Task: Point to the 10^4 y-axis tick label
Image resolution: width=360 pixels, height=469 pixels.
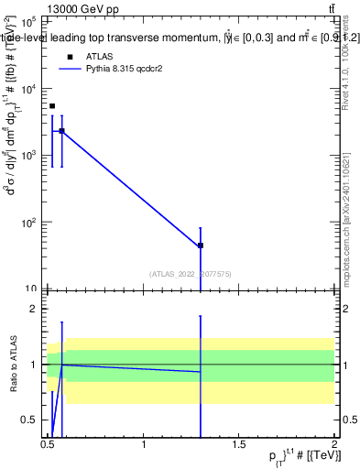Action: tap(29, 89)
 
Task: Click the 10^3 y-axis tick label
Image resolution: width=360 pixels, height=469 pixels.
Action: tap(29, 156)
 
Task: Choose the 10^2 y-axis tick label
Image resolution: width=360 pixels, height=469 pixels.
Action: tap(29, 223)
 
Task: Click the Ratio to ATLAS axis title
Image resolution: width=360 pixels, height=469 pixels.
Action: tap(12, 365)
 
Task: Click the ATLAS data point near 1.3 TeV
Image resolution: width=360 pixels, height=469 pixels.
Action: tap(201, 245)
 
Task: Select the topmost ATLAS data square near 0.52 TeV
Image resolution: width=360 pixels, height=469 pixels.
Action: tap(52, 106)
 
